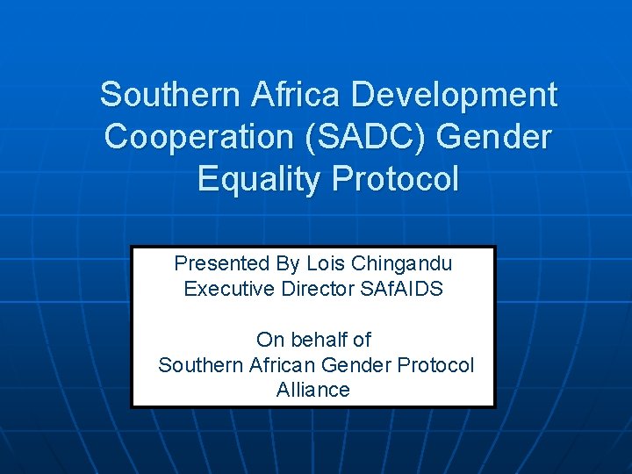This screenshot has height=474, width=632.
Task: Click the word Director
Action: click(x=317, y=289)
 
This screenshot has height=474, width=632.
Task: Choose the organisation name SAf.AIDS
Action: click(x=402, y=289)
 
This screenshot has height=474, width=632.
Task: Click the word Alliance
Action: click(x=313, y=391)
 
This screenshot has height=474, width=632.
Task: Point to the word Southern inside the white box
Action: click(x=194, y=365)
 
